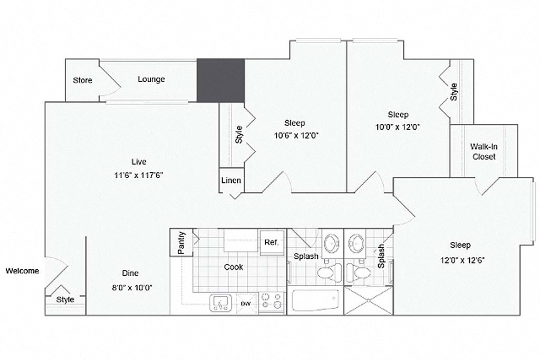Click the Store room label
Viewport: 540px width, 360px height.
click(x=82, y=80)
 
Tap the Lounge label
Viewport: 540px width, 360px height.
click(x=151, y=79)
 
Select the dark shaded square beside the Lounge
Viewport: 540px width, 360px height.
click(x=220, y=80)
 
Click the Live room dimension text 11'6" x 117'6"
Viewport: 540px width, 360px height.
click(x=139, y=176)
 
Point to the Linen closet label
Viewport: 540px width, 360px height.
click(x=231, y=180)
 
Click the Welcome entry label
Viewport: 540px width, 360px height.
click(x=22, y=271)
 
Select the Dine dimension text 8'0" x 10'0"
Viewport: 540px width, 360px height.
click(x=130, y=287)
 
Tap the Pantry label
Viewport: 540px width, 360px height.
click(x=181, y=243)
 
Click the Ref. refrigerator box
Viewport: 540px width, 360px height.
click(x=271, y=242)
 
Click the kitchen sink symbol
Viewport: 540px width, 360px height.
click(x=221, y=303)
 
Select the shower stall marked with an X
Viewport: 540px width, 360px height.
click(x=368, y=300)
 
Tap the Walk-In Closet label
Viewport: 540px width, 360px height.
click(x=484, y=151)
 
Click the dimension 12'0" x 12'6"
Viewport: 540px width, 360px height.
click(x=460, y=260)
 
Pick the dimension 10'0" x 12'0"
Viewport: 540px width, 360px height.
click(x=398, y=127)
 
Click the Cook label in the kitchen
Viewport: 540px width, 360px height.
click(x=234, y=267)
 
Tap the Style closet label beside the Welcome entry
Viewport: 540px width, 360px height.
click(x=65, y=299)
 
